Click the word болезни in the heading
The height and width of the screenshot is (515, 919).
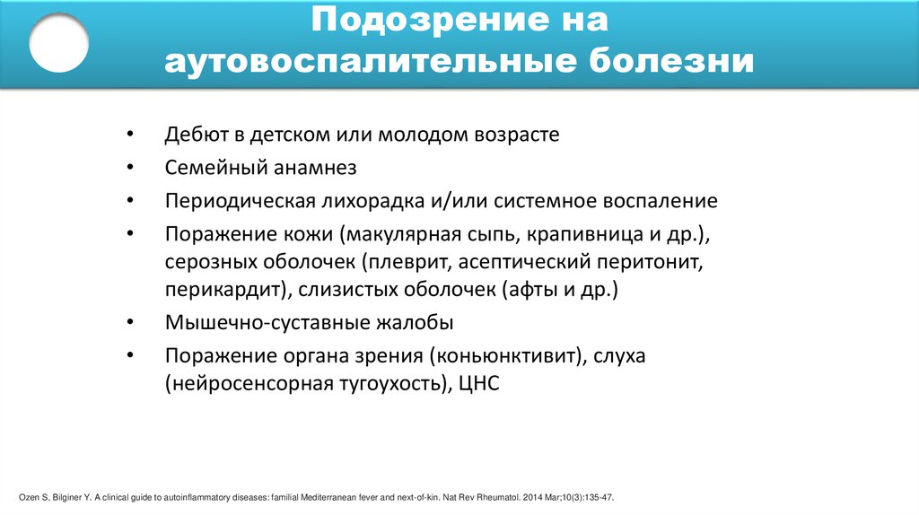tap(671, 62)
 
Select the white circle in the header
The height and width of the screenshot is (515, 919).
tap(58, 42)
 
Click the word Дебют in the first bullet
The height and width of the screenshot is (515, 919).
tap(191, 135)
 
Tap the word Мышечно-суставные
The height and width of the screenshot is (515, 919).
tap(247, 323)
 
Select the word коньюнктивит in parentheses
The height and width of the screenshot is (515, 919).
tap(507, 355)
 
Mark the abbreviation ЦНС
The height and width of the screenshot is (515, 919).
tap(477, 384)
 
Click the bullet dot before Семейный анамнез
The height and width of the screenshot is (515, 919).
tap(131, 168)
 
